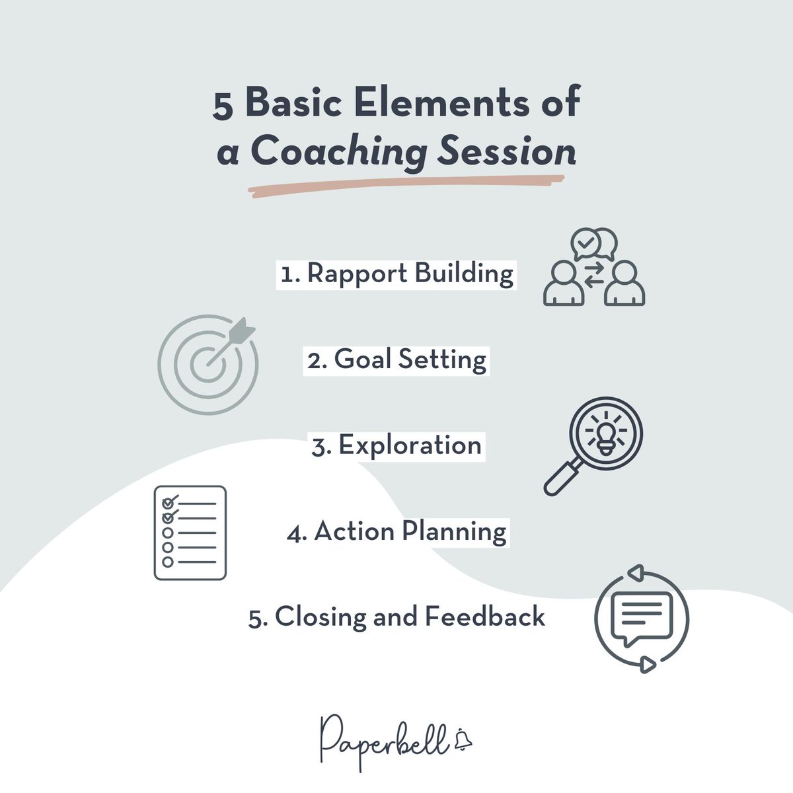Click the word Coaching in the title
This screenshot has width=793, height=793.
pyautogui.click(x=338, y=152)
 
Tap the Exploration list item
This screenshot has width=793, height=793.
pyautogui.click(x=397, y=445)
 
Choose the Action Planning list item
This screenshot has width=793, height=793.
pyautogui.click(x=397, y=531)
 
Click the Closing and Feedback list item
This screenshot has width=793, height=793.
pyautogui.click(x=397, y=617)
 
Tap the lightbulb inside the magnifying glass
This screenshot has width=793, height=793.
pyautogui.click(x=605, y=433)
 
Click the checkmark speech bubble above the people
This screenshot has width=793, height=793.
pyautogui.click(x=585, y=244)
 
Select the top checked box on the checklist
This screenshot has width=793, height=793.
pyautogui.click(x=169, y=501)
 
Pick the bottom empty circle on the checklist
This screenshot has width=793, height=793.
pyautogui.click(x=168, y=562)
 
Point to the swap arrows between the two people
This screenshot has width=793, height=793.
pyautogui.click(x=594, y=274)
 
